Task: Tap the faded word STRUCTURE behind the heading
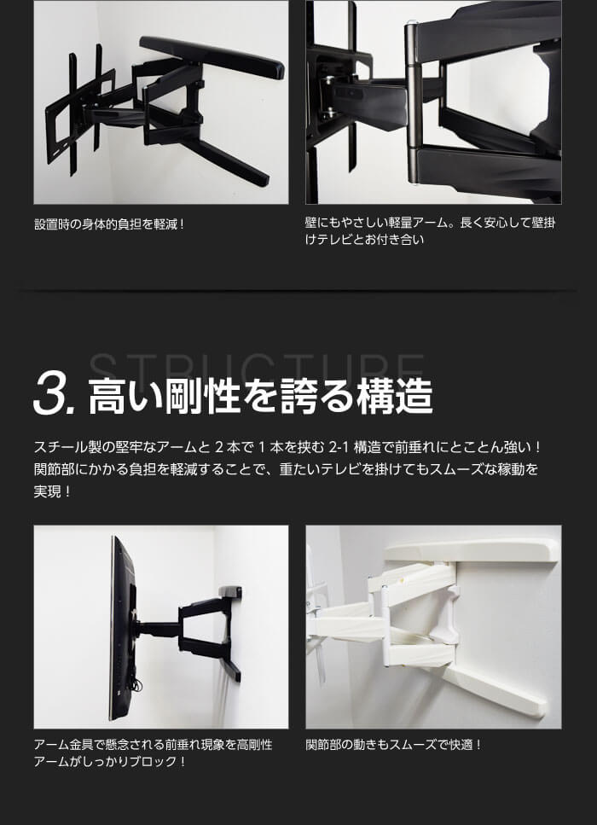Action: [256, 367]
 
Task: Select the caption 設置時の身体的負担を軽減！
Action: [110, 224]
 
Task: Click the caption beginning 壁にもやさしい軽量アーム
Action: [430, 231]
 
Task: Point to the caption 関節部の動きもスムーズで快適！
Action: [393, 745]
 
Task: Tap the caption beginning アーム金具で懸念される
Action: [153, 753]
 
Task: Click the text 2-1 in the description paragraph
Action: [339, 448]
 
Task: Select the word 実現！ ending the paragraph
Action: [52, 492]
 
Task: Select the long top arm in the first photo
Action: [212, 57]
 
